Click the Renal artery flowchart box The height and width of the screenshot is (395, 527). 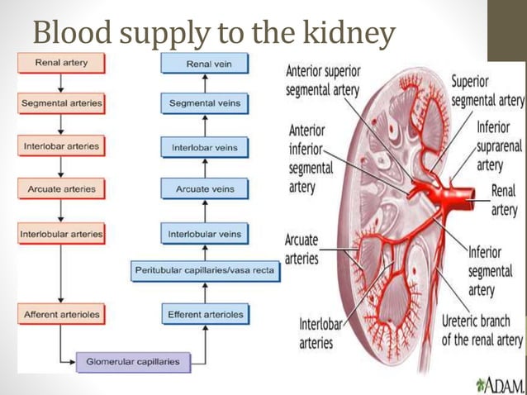(x=61, y=63)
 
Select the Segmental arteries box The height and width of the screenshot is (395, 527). (x=61, y=104)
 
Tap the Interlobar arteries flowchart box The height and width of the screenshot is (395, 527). (x=61, y=146)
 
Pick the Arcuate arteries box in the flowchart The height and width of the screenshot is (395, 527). (x=61, y=189)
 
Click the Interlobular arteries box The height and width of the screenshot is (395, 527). (x=61, y=234)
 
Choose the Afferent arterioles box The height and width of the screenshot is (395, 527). (x=61, y=315)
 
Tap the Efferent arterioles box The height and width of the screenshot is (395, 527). (x=205, y=315)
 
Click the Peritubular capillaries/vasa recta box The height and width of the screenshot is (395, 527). (x=206, y=271)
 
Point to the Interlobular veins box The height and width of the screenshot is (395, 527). (x=205, y=234)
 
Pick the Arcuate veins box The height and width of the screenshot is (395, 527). (x=205, y=189)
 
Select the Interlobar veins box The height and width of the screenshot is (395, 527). (x=205, y=148)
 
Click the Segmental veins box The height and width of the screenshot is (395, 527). (x=205, y=104)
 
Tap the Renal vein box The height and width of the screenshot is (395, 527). (x=205, y=63)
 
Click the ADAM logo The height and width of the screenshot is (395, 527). (x=499, y=384)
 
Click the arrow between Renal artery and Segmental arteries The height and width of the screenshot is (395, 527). (x=61, y=83)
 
